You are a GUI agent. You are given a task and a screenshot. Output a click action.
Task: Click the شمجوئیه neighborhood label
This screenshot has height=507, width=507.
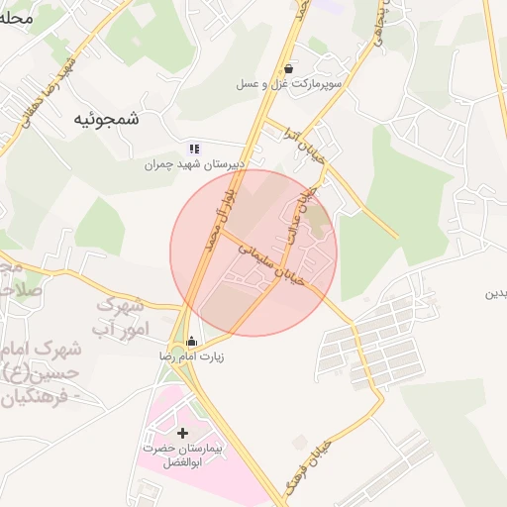pos(106,118)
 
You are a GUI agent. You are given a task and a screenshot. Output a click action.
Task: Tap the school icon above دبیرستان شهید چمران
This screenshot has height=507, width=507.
pos(194,148)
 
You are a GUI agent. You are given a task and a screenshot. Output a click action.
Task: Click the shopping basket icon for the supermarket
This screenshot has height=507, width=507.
pos(288,69)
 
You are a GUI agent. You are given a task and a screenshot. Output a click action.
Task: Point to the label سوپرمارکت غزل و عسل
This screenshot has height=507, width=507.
pos(288,85)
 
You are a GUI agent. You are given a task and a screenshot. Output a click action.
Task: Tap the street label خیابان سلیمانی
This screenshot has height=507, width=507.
pos(274,264)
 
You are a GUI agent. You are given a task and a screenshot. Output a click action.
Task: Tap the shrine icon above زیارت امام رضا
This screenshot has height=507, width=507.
pos(191,342)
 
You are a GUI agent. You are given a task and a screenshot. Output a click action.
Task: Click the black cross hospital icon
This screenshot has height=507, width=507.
pos(182,433)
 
